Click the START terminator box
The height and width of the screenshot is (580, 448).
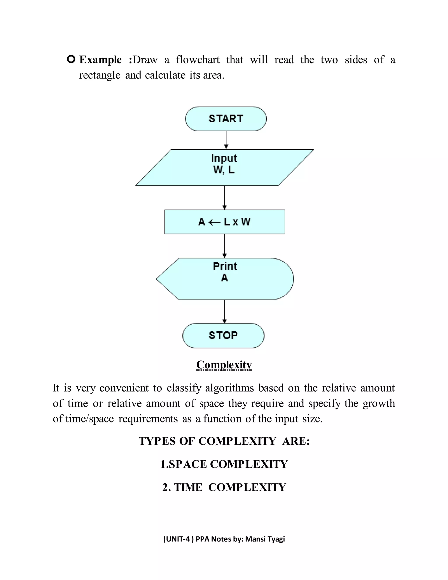pyautogui.click(x=226, y=119)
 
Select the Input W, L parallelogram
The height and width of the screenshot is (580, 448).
pyautogui.click(x=224, y=167)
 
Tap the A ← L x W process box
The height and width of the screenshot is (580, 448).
pyautogui.click(x=224, y=222)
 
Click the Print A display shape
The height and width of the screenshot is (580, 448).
pyautogui.click(x=224, y=279)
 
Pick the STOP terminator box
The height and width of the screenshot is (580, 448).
pyautogui.click(x=223, y=335)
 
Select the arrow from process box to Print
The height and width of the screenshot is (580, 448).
pyautogui.click(x=224, y=246)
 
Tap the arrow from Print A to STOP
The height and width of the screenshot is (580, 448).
pyautogui.click(x=224, y=311)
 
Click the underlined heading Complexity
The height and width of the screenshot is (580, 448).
pyautogui.click(x=224, y=365)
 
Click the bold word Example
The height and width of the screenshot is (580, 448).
pyautogui.click(x=100, y=60)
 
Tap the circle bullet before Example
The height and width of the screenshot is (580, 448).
pyautogui.click(x=71, y=59)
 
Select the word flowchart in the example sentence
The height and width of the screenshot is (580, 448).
pyautogui.click(x=198, y=60)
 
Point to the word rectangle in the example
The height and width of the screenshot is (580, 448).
pyautogui.click(x=100, y=75)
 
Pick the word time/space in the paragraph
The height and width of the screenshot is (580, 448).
pyautogui.click(x=89, y=419)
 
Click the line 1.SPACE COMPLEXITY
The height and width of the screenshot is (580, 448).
pyautogui.click(x=224, y=464)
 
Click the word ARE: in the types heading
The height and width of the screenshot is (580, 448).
pyautogui.click(x=296, y=441)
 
